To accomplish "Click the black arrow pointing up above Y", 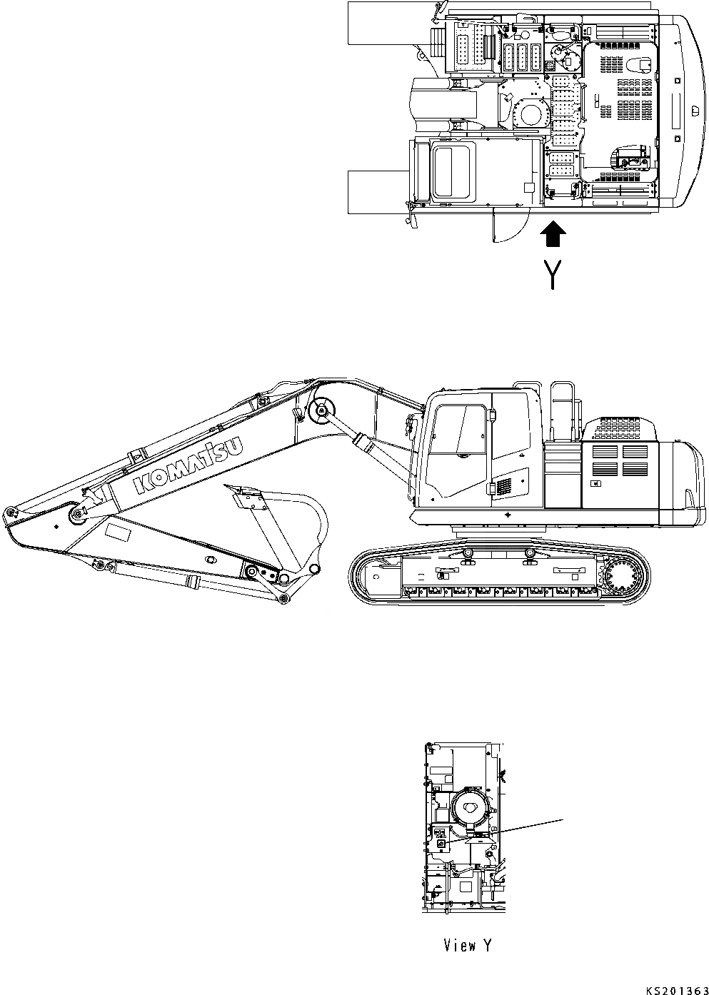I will pyautogui.click(x=553, y=233).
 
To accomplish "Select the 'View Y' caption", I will pyautogui.click(x=467, y=946).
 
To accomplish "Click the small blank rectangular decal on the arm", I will pyautogui.click(x=119, y=532).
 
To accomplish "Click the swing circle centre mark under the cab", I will pyautogui.click(x=506, y=513).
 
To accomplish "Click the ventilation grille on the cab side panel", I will pyautogui.click(x=505, y=487).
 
